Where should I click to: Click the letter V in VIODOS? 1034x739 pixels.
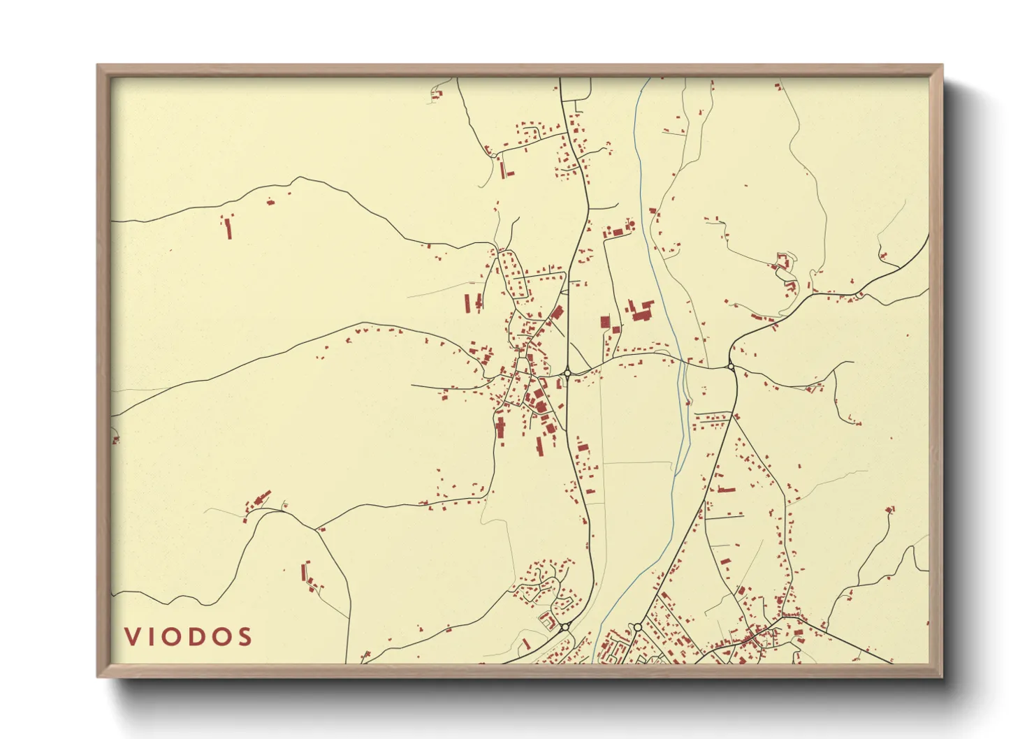132,637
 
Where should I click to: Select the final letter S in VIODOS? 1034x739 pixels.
243,637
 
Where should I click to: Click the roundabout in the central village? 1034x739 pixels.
567,373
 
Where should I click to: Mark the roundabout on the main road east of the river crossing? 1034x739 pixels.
731,365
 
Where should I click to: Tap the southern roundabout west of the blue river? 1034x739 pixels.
564,627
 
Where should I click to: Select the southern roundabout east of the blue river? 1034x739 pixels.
636,627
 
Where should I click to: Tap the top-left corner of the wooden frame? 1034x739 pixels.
99,66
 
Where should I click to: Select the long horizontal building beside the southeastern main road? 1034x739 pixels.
727,490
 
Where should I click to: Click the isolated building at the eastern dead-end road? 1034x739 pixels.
889,509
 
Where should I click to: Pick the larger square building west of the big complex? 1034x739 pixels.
605,322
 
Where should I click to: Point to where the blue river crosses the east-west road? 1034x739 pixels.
682,361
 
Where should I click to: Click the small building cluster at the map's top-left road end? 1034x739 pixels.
437,94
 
